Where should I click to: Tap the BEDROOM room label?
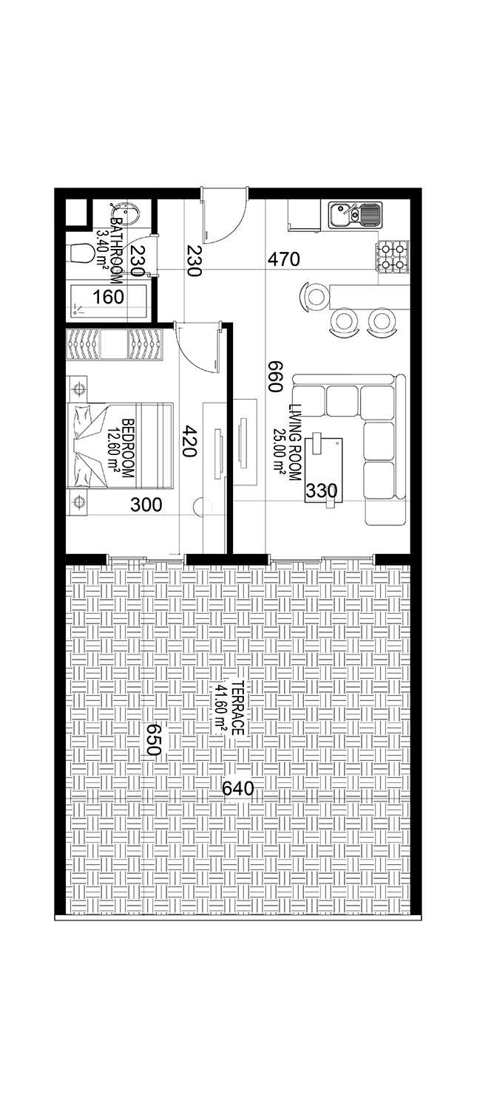click(128, 448)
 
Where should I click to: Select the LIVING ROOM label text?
click(295, 442)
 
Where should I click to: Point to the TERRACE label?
click(237, 708)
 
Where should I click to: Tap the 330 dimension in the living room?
click(322, 490)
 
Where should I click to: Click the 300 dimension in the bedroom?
click(146, 505)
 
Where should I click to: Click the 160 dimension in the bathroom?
click(109, 297)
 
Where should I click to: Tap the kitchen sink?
click(355, 215)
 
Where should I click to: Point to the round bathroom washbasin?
click(128, 212)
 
